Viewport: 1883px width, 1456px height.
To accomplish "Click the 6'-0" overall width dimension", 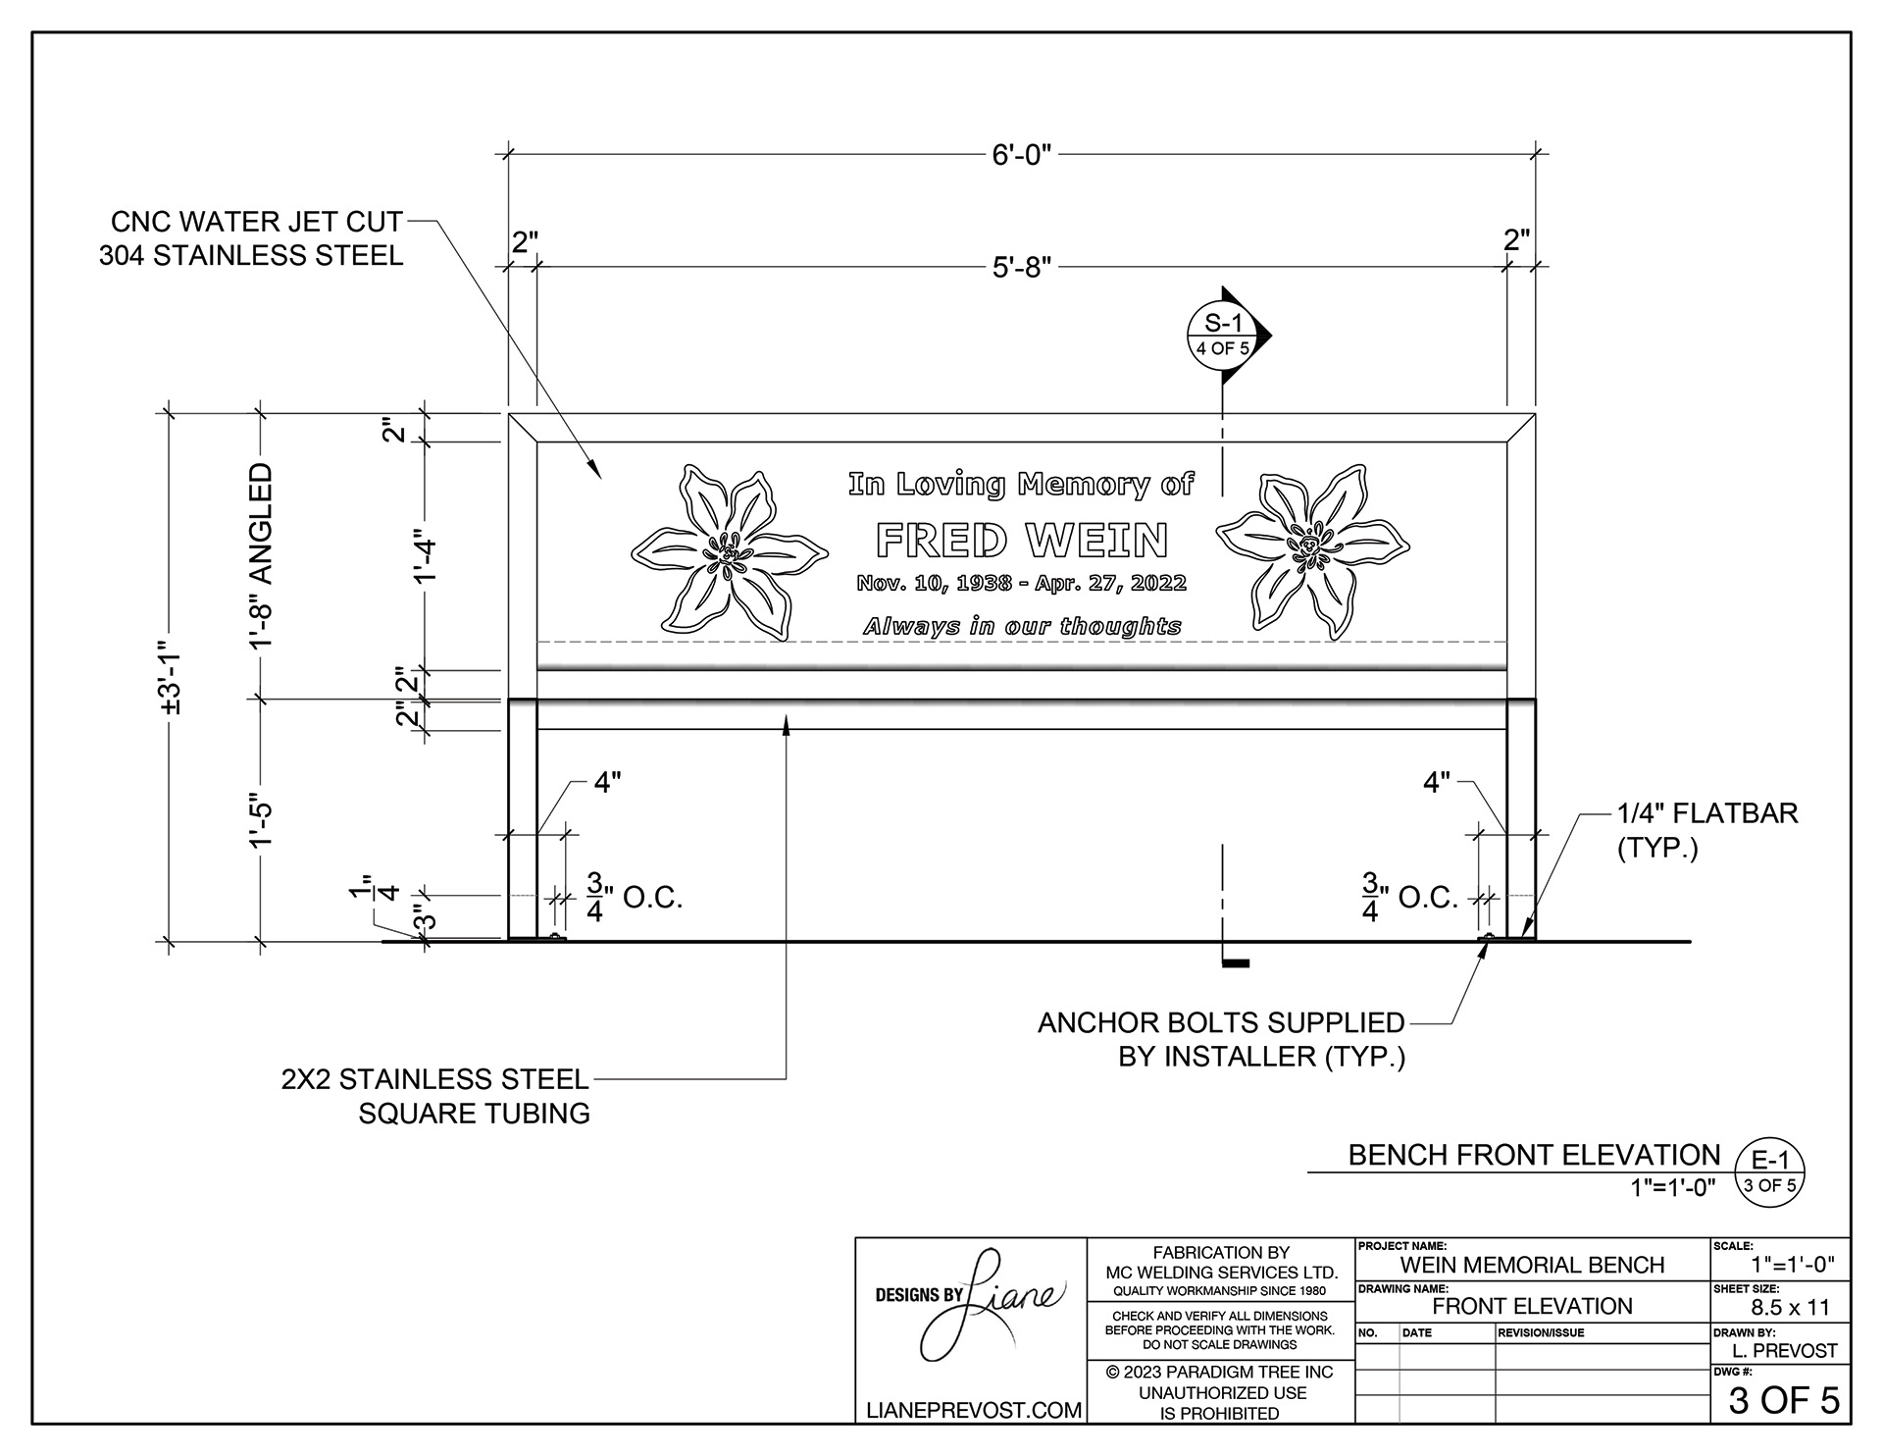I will tap(1021, 155).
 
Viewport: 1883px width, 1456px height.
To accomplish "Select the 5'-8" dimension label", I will tap(1021, 268).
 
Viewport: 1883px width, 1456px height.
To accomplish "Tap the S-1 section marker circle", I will tap(1222, 335).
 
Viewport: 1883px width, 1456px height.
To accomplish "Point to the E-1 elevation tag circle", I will tap(1769, 1171).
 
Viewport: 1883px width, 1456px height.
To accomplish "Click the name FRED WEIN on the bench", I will tap(1021, 541).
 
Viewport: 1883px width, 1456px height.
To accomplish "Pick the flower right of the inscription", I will tap(1312, 554).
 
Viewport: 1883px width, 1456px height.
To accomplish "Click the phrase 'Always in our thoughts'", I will tap(1021, 626).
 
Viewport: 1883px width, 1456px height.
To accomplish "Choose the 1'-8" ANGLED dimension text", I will tap(261, 555).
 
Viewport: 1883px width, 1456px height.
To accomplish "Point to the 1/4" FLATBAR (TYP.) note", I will tap(1706, 830).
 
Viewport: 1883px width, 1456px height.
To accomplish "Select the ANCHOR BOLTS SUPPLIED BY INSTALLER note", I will tap(1222, 1039).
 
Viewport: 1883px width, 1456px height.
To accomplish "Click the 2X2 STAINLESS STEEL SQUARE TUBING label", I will tap(435, 1096).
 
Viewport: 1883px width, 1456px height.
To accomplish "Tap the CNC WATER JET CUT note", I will tap(251, 238).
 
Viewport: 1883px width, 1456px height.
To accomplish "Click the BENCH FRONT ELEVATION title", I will tap(1533, 1155).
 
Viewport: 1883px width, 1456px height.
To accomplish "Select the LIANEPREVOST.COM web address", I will tap(974, 1410).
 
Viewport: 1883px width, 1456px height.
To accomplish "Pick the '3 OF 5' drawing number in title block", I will tap(1783, 1400).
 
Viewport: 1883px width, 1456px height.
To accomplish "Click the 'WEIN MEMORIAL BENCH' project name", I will tap(1532, 1265).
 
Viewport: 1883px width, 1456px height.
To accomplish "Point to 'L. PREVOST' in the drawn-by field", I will tap(1784, 1350).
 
